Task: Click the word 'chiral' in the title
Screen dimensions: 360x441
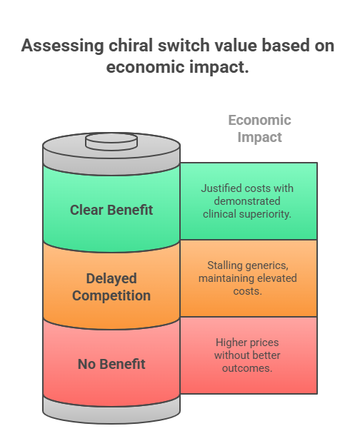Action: click(131, 45)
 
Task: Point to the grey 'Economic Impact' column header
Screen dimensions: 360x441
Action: click(259, 129)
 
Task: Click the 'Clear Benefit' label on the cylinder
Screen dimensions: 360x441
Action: click(111, 210)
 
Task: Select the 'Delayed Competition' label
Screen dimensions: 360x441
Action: click(111, 287)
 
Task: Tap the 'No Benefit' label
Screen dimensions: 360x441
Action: click(111, 364)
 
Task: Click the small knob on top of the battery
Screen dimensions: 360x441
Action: click(111, 141)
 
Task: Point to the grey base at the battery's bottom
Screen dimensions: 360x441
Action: click(111, 412)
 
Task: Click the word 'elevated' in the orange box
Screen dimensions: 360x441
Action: click(277, 278)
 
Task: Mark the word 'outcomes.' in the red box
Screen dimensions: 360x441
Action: click(247, 368)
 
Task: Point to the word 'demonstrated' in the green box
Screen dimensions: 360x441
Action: click(247, 201)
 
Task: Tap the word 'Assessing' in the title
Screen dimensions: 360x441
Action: click(63, 46)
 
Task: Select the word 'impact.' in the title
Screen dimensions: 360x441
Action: click(219, 68)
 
